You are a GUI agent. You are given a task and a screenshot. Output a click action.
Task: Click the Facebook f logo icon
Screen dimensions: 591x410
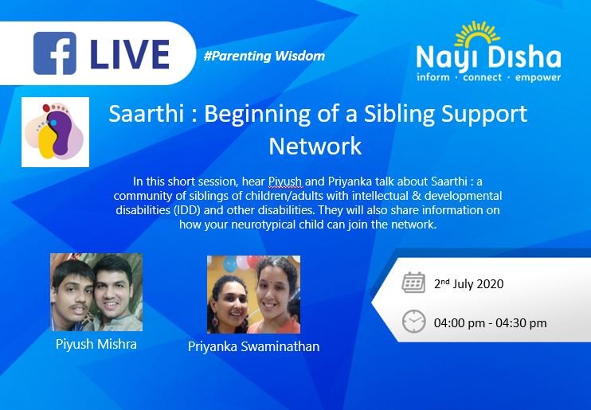[55, 53]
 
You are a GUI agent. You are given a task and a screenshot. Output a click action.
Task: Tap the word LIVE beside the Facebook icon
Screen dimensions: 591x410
[130, 55]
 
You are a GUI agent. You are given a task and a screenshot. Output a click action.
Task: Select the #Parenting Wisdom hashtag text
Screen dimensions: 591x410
[264, 57]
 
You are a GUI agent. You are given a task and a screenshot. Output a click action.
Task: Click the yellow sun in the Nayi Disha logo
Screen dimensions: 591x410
[478, 33]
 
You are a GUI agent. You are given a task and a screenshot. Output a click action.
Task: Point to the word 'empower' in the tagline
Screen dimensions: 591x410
[538, 78]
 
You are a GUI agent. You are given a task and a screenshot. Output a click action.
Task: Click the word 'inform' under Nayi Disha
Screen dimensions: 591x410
[433, 77]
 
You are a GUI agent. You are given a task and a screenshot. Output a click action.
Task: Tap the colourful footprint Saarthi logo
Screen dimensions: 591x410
[55, 132]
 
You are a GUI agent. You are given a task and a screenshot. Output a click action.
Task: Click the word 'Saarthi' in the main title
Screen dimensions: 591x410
[146, 113]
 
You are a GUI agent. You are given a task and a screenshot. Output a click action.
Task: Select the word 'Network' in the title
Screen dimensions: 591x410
[315, 146]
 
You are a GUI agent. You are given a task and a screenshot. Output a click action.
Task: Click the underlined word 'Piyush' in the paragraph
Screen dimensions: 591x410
[284, 182]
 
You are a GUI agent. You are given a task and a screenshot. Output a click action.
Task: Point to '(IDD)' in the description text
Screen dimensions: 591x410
[187, 210]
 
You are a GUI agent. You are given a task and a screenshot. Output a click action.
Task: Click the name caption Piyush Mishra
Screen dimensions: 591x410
[96, 345]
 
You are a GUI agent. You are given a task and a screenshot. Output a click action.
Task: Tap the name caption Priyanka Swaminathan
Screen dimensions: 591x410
[253, 346]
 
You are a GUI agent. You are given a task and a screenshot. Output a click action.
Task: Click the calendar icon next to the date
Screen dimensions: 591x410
[413, 283]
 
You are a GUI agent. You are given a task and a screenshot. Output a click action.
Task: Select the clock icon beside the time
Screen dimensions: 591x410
[413, 322]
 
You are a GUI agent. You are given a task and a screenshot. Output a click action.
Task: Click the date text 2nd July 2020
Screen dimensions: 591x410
[468, 283]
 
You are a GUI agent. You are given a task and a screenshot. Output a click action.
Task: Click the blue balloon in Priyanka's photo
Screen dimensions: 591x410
[229, 264]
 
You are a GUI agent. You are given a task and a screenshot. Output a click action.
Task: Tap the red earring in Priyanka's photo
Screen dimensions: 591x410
[215, 320]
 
